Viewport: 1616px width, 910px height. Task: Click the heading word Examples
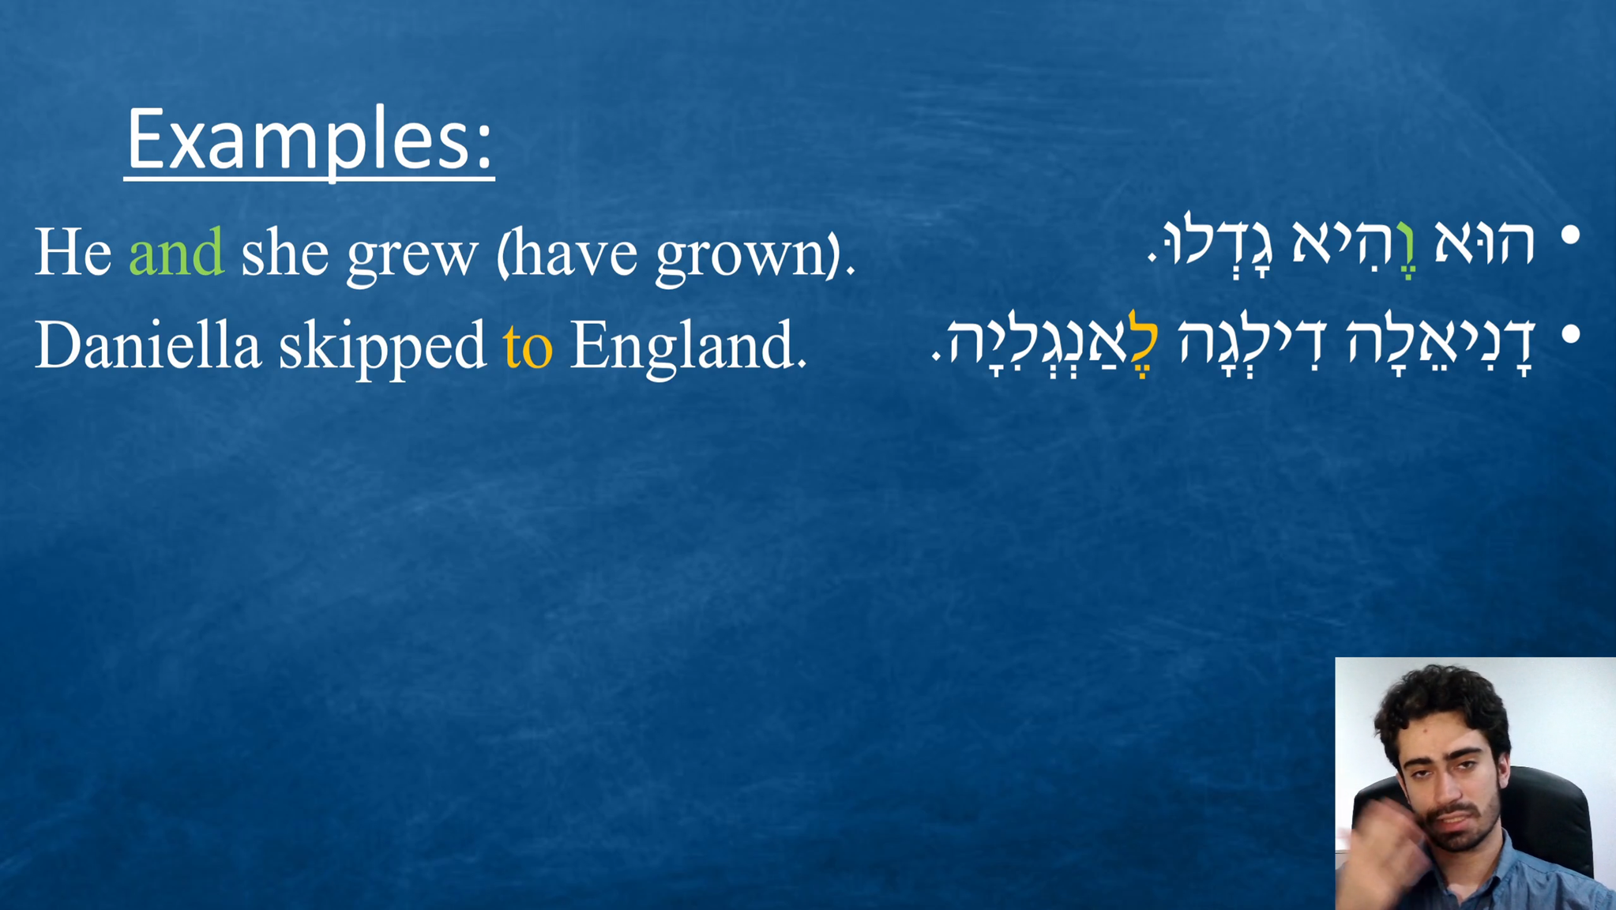click(309, 141)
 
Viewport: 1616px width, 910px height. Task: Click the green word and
click(176, 252)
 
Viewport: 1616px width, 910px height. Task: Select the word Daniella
click(148, 344)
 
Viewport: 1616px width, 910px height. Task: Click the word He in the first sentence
click(73, 252)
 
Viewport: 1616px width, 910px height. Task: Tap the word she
click(284, 252)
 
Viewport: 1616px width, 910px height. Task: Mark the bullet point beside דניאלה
click(1571, 336)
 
